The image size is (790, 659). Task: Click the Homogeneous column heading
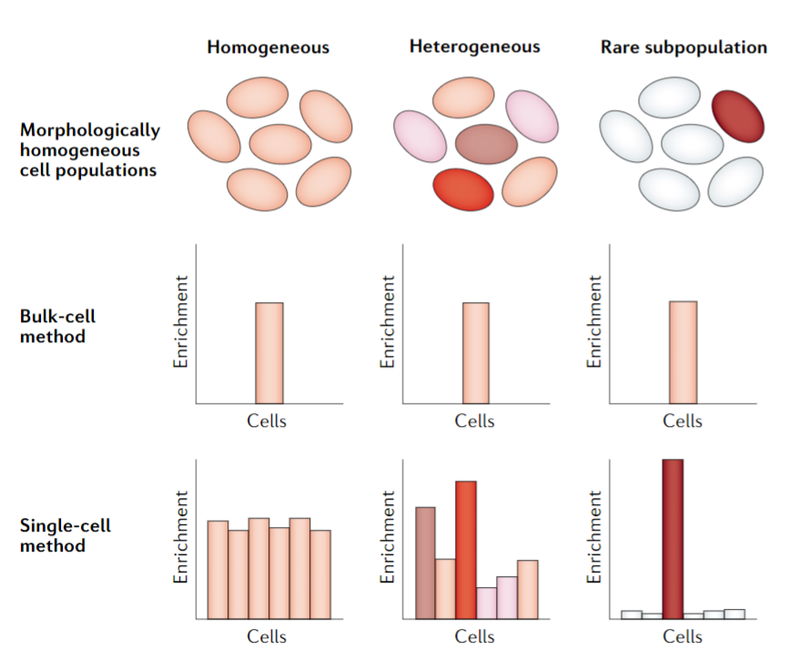pyautogui.click(x=268, y=46)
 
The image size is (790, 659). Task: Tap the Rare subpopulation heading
pyautogui.click(x=684, y=46)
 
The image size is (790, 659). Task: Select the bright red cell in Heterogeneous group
pyautogui.click(x=463, y=188)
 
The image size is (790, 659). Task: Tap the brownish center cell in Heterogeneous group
pyautogui.click(x=486, y=144)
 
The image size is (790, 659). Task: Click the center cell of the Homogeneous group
pyautogui.click(x=280, y=144)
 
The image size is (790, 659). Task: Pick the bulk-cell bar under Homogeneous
pyautogui.click(x=268, y=352)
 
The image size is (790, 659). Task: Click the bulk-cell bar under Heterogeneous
pyautogui.click(x=475, y=352)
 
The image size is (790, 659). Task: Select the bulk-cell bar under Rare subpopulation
pyautogui.click(x=683, y=351)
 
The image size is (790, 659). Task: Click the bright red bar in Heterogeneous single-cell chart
pyautogui.click(x=466, y=550)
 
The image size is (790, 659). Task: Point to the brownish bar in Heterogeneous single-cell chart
pyautogui.click(x=425, y=563)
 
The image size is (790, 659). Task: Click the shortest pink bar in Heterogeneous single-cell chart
pyautogui.click(x=487, y=603)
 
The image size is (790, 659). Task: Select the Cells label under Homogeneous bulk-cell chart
pyautogui.click(x=267, y=421)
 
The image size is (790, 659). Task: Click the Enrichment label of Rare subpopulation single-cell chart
pyautogui.click(x=595, y=537)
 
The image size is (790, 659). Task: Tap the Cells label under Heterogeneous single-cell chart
pyautogui.click(x=474, y=636)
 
